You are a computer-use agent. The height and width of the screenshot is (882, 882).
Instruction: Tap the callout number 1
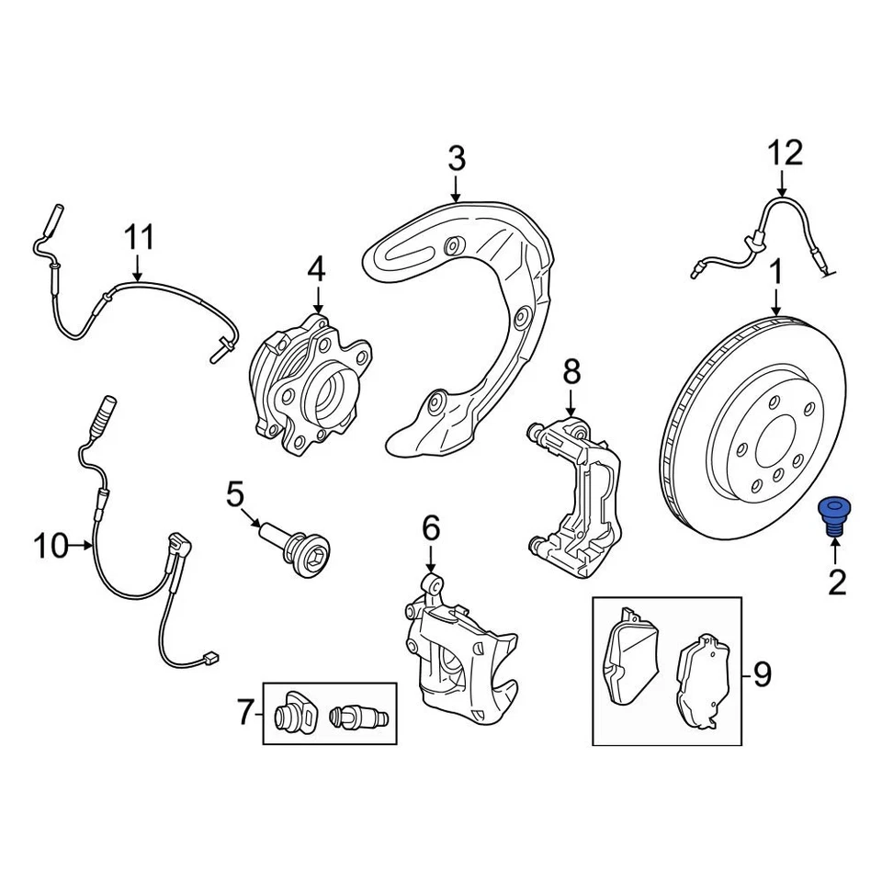coord(776,273)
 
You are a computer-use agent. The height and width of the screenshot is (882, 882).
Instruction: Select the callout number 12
coord(786,153)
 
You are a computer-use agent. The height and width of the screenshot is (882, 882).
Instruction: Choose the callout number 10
coord(51,547)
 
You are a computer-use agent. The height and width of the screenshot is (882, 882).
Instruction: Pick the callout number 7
coord(244,712)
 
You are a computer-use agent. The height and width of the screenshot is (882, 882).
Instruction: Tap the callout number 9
coord(762,674)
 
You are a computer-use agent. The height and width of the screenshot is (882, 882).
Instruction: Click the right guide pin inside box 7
coord(360,715)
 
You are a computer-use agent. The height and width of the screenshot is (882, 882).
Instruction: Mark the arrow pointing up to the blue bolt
coord(836,551)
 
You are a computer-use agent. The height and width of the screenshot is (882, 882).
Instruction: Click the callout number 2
coord(836,582)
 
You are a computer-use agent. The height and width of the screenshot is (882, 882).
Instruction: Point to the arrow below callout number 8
coord(571,401)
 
